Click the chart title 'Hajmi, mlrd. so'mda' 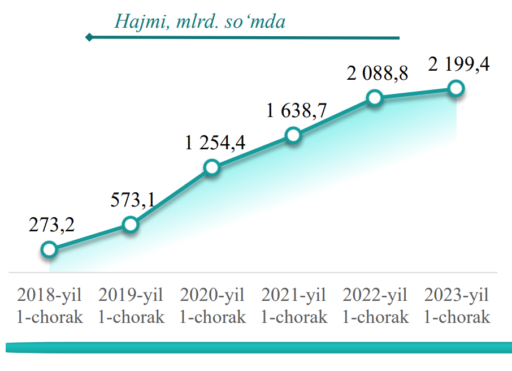199,21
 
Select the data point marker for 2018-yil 49,249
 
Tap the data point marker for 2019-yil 131,225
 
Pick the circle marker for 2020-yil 212,167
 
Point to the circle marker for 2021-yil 293,135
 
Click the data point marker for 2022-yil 374,98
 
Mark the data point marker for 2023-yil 455,88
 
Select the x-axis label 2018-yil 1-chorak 50,305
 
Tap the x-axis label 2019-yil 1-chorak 131,305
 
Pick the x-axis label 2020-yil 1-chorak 212,305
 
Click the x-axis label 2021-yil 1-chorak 294,305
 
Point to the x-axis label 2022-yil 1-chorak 375,305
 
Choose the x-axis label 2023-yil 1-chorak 457,305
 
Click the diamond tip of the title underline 89,38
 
